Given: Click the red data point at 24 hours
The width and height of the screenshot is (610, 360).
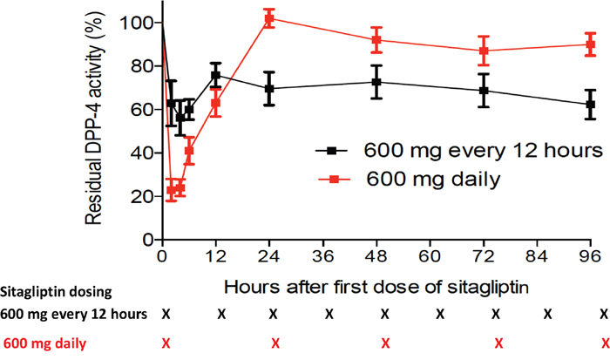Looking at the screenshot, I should (x=269, y=18).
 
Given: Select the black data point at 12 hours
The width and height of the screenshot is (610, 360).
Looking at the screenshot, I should (x=215, y=75).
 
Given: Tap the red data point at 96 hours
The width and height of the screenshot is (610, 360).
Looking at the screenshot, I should (x=591, y=44).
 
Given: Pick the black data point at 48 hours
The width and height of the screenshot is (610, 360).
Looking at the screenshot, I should (x=376, y=82).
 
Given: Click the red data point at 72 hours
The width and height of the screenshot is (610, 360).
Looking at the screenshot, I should (x=484, y=51).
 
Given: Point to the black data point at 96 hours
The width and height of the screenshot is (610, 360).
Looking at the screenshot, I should (x=591, y=105).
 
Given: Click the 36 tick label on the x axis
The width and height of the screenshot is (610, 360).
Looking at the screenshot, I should (x=323, y=256).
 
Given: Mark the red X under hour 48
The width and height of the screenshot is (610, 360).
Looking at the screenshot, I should (x=384, y=343).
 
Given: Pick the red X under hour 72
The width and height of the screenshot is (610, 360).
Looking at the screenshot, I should (x=496, y=343).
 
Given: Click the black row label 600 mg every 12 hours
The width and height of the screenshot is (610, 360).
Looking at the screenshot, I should (x=74, y=315).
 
